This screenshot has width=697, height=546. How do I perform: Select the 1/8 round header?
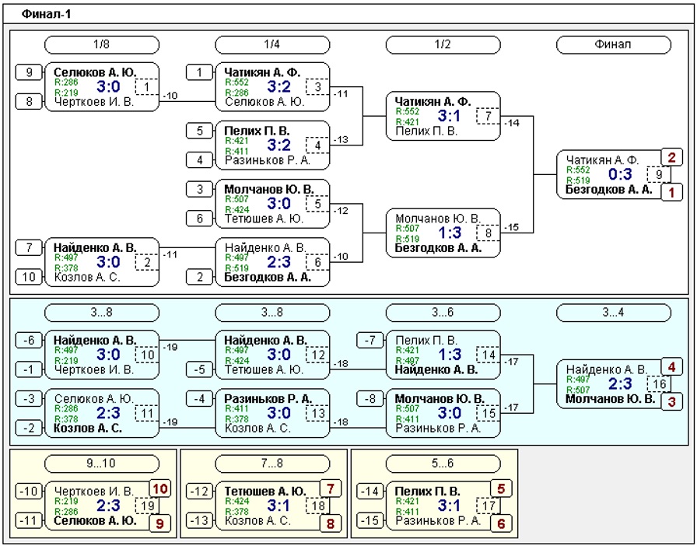coord(102,45)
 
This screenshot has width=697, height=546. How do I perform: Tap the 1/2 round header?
coord(443,45)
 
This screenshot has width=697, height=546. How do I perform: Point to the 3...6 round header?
coord(443,313)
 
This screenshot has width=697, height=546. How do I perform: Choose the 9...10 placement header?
coord(102,464)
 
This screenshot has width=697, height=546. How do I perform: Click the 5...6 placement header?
coord(443,464)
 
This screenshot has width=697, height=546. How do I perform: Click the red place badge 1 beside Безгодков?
coord(671,193)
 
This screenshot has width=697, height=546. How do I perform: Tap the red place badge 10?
coord(159,489)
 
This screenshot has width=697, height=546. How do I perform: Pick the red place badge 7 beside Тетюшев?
coord(331,489)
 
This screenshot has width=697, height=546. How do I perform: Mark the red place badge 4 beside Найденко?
coord(671,367)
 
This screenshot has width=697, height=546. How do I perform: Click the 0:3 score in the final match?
coord(620,175)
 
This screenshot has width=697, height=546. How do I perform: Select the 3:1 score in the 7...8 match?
coord(278,506)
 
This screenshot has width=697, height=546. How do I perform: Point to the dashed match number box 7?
coord(488,117)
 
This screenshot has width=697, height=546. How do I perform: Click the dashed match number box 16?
coord(659,384)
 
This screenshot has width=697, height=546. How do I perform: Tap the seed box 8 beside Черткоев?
coord(30,102)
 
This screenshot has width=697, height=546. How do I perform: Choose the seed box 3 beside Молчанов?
coord(200,189)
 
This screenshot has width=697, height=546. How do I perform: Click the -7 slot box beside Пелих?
coord(370,341)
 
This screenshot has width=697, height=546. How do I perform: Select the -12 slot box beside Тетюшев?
coord(200,492)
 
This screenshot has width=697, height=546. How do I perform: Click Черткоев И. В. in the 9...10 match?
coord(94,492)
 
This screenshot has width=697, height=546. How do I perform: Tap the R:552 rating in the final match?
coord(578,170)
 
